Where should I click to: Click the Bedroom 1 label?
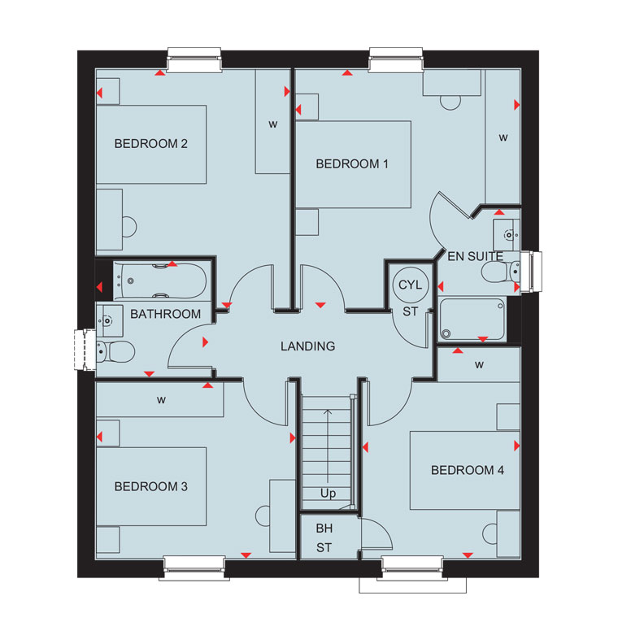coord(352,163)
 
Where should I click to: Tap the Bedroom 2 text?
coord(151,143)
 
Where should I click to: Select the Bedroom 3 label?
coord(151,486)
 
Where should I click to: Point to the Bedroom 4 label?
coord(468,470)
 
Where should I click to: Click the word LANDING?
coord(308,346)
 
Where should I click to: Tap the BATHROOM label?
coord(166,314)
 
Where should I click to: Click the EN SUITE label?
coord(476,257)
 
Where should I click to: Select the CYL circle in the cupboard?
coord(410,285)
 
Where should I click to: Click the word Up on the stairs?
coord(328,494)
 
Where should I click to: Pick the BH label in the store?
coord(324,528)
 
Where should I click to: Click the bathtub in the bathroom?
coord(159,281)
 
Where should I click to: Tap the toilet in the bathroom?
coord(115,351)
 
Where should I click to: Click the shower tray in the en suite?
coord(472,320)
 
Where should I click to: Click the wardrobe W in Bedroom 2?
coord(272,124)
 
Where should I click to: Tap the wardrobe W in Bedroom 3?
coord(161,400)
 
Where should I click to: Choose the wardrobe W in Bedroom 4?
coord(479,365)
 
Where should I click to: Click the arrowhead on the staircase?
coord(328,412)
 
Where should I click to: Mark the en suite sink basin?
coord(507,235)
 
